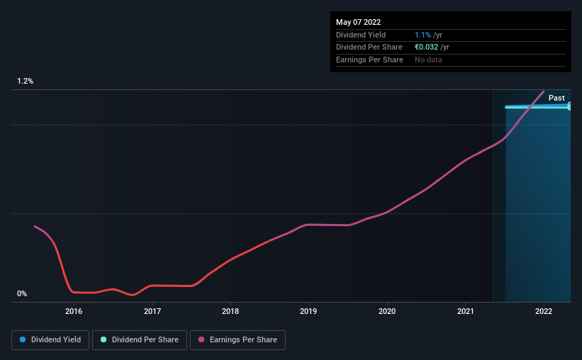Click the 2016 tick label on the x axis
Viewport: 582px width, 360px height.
pyautogui.click(x=74, y=311)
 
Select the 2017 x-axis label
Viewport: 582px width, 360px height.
pyautogui.click(x=152, y=311)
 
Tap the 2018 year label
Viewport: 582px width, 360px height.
pyautogui.click(x=230, y=311)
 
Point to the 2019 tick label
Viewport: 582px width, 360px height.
pyautogui.click(x=308, y=311)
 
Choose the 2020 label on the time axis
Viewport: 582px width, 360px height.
pyautogui.click(x=387, y=311)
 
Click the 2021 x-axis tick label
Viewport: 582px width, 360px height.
pyautogui.click(x=466, y=311)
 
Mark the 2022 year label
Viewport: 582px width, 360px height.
pyautogui.click(x=544, y=311)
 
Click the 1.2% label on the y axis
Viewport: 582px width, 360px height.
pyautogui.click(x=25, y=81)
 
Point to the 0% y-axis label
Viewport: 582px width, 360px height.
pyautogui.click(x=22, y=293)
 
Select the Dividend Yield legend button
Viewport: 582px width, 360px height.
pyautogui.click(x=50, y=340)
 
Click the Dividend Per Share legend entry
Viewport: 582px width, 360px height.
pyautogui.click(x=140, y=340)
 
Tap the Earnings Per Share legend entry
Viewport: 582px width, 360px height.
pyautogui.click(x=237, y=340)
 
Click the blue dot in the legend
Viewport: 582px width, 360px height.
pyautogui.click(x=23, y=339)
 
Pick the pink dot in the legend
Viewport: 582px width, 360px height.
pyautogui.click(x=201, y=339)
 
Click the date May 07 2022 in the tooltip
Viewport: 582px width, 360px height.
pyautogui.click(x=358, y=22)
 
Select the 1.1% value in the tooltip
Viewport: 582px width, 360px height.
pyautogui.click(x=422, y=35)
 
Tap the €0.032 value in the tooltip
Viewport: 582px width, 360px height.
pyautogui.click(x=427, y=47)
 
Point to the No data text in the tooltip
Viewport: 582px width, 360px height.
pyautogui.click(x=428, y=60)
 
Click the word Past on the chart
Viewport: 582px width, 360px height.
pyautogui.click(x=556, y=98)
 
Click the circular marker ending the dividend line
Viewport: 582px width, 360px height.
pyautogui.click(x=569, y=107)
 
